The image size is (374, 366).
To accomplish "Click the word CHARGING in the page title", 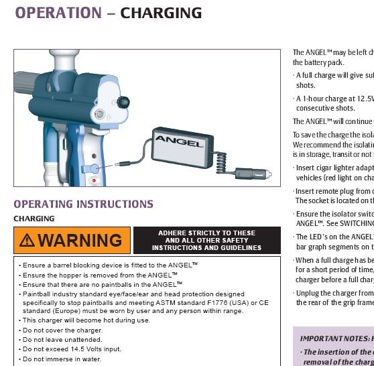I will coord(161,12).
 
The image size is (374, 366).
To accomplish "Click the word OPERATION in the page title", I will coord(58,12).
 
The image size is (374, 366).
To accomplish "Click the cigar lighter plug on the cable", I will coord(253,174).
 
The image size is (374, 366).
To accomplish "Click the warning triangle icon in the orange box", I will coord(27,240).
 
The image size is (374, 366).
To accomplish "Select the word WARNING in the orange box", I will coord(80,240).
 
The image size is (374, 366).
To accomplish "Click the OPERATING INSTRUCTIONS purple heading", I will coord(83,204).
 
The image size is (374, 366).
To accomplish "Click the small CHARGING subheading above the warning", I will coord(34,219).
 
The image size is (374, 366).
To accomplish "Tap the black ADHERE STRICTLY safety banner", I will coord(207,240).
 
